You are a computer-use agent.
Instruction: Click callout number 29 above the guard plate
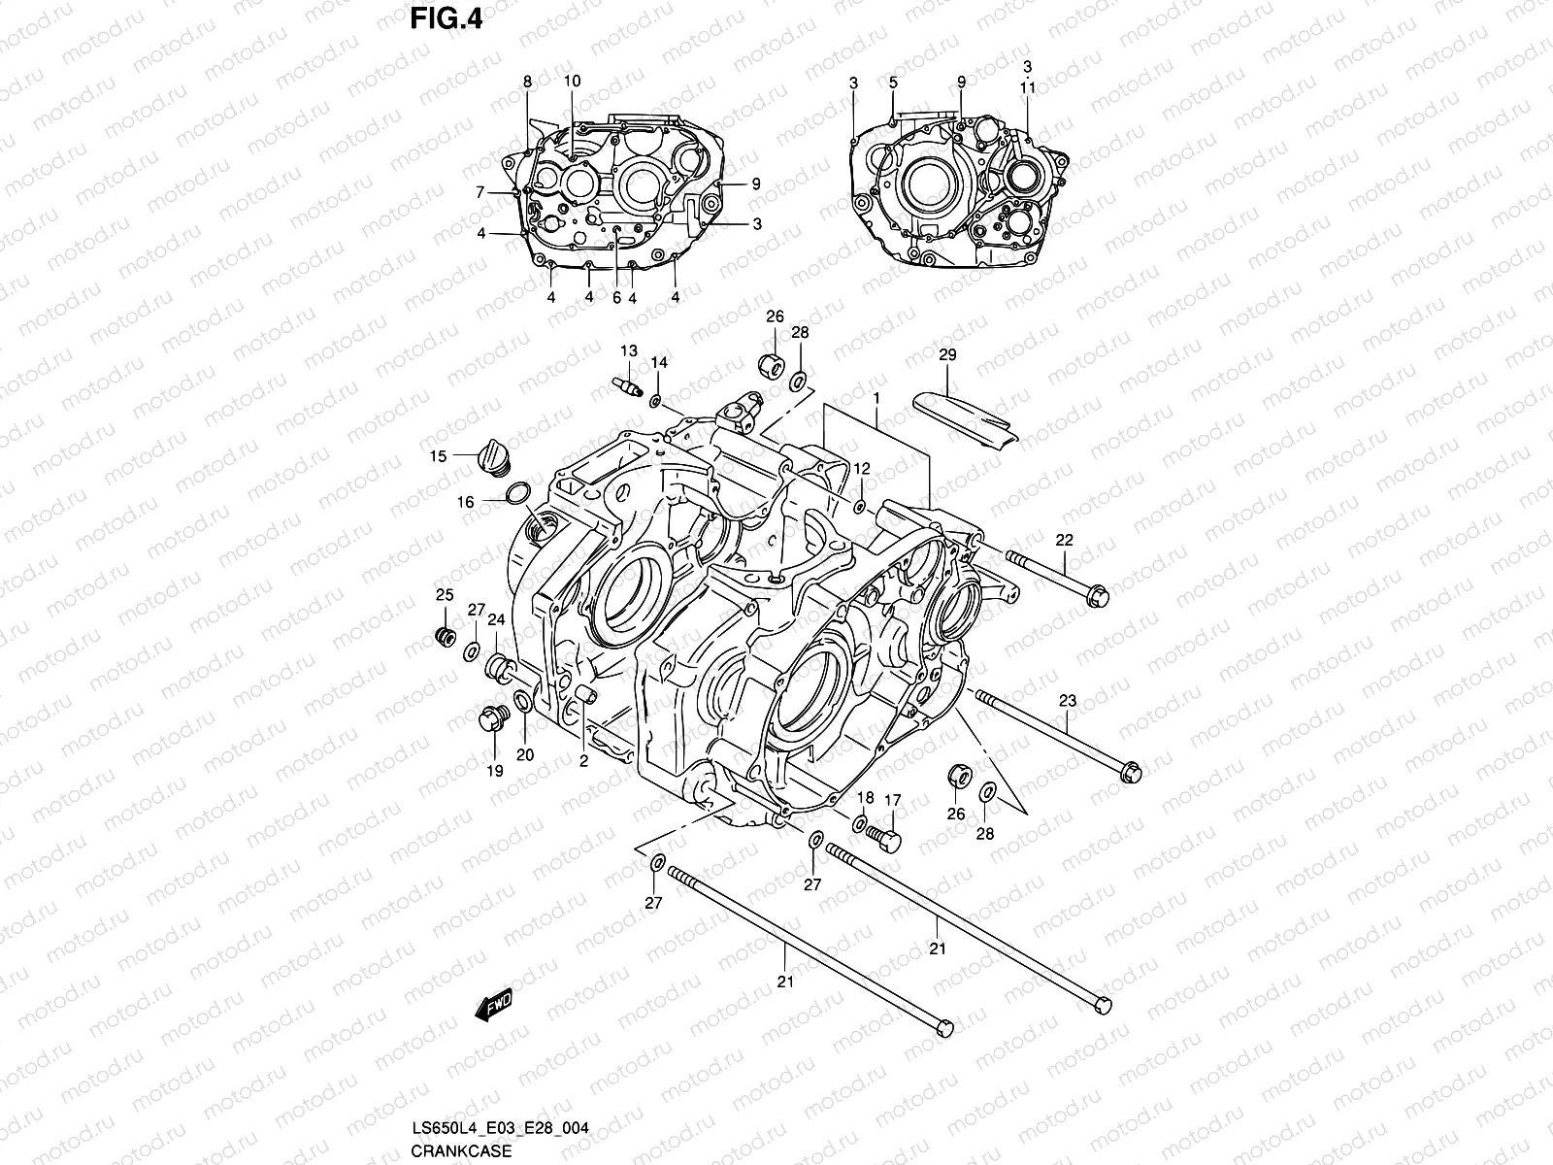947,355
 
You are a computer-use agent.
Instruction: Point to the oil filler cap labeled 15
496,457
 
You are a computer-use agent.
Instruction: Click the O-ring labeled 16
518,493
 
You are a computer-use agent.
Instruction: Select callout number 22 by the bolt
1065,540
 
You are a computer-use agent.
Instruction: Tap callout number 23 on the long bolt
1068,701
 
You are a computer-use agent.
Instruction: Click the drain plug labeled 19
493,721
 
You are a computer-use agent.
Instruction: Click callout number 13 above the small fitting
629,350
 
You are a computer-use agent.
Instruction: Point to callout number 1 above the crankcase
876,398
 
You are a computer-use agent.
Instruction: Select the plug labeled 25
446,638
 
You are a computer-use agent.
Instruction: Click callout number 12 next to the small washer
862,468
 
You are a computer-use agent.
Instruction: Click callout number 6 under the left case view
616,298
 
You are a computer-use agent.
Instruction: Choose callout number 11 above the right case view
1028,86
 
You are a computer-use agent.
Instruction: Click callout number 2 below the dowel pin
583,762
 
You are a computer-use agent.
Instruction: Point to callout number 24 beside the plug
496,619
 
